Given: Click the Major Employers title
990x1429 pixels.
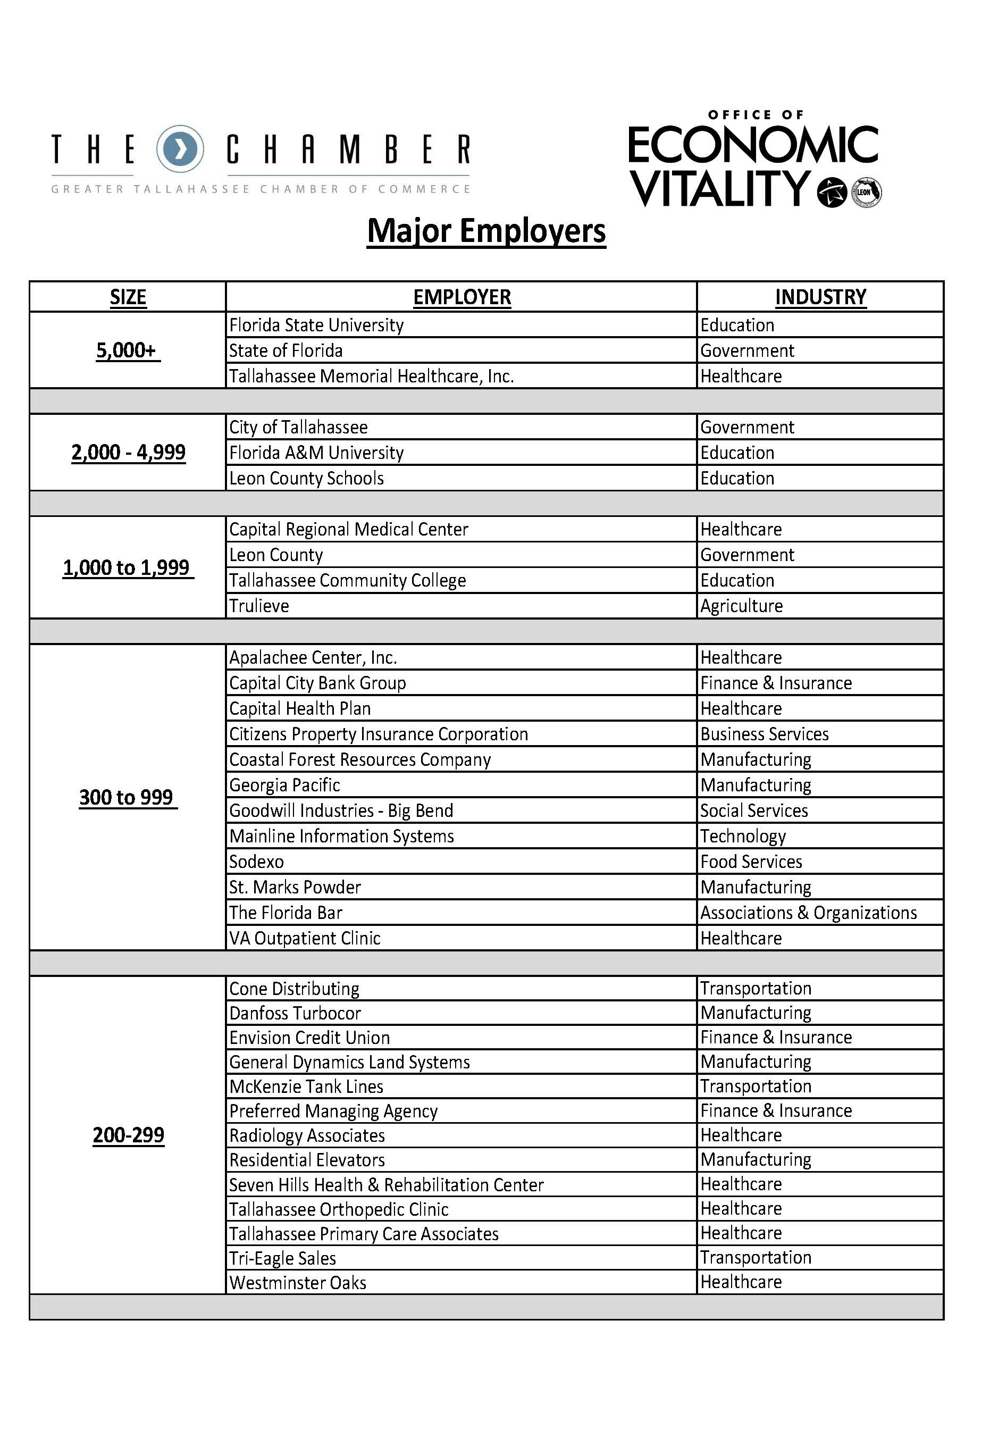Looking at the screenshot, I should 486,231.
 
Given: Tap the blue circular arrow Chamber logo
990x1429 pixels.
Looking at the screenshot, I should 179,149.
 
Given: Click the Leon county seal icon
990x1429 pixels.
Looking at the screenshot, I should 866,193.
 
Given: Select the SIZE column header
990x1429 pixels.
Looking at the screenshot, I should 128,297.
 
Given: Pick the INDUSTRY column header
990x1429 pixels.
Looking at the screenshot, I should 820,297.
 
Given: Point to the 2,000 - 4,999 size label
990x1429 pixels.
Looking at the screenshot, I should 128,453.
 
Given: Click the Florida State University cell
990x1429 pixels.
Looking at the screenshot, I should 316,325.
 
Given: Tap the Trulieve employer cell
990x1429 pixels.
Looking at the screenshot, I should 259,606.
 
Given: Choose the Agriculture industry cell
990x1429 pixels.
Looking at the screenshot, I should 741,606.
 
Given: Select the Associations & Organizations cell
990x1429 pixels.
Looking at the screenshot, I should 808,912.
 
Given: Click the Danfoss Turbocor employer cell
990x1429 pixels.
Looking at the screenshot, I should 295,1013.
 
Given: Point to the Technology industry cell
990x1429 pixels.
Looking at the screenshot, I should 743,836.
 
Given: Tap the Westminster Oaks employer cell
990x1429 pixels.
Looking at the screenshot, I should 298,1283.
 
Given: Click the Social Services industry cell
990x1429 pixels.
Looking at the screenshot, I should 754,810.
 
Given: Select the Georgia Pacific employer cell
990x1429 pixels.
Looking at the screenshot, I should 285,785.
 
